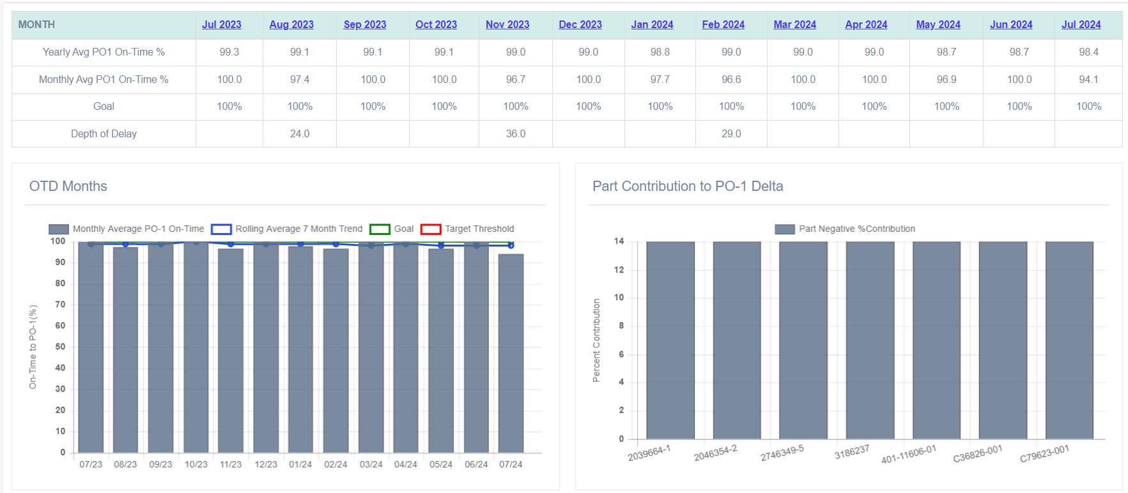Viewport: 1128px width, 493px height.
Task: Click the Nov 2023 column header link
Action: point(507,24)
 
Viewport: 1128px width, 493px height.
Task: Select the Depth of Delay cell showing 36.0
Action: point(515,133)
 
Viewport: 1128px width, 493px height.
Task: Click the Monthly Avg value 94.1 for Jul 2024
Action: point(1088,79)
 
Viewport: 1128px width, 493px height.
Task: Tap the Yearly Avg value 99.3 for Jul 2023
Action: point(229,52)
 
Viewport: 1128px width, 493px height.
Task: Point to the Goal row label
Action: point(104,106)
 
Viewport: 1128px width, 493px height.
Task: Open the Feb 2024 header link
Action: point(723,24)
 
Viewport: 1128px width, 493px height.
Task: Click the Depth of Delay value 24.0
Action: point(299,133)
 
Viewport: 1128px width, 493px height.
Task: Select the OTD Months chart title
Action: point(68,186)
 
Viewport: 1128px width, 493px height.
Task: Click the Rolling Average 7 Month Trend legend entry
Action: point(298,229)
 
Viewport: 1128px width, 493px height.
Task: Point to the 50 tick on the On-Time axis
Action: point(60,347)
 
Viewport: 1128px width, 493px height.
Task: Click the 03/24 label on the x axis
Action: point(371,464)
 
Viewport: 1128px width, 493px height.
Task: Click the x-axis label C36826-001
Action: point(978,454)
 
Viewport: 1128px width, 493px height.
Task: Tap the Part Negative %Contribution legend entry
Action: point(856,229)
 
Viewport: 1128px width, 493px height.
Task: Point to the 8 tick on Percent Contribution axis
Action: point(621,326)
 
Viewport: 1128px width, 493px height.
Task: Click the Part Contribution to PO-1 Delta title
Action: point(688,186)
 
